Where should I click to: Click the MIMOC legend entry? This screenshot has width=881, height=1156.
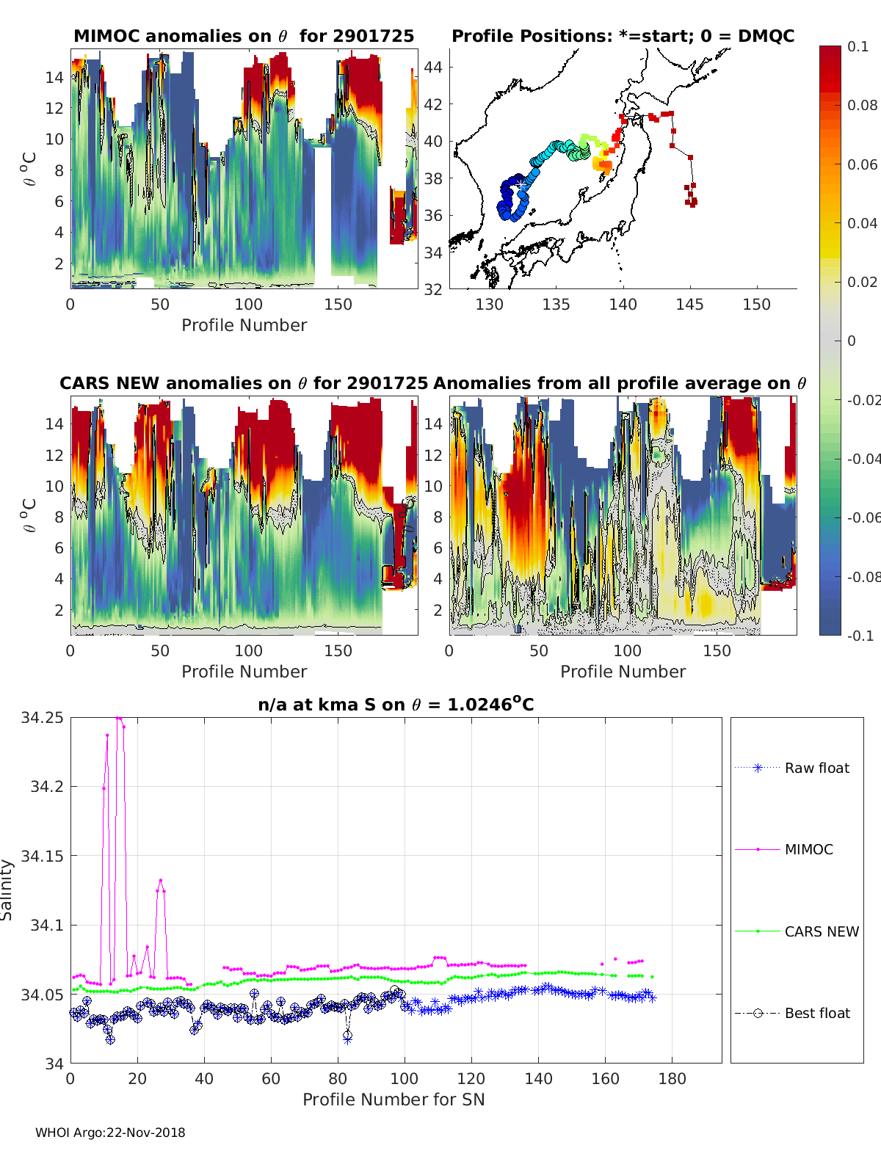click(x=808, y=849)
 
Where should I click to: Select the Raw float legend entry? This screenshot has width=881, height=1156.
click(x=816, y=768)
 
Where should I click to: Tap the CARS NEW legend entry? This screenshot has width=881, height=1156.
click(x=821, y=931)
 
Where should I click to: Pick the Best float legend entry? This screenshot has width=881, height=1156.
click(x=816, y=1013)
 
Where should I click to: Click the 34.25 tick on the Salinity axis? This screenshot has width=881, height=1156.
click(x=42, y=718)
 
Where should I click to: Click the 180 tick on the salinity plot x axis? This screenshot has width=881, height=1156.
click(x=672, y=1079)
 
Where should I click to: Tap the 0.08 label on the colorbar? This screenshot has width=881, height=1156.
click(x=862, y=105)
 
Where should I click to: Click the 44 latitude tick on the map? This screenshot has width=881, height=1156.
click(x=433, y=68)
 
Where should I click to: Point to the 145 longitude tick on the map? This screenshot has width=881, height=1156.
click(x=689, y=305)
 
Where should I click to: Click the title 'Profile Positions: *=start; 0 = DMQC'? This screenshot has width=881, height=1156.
click(x=623, y=36)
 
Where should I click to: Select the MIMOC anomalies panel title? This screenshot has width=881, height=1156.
click(x=244, y=36)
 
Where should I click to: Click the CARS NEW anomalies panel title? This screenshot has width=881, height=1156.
click(x=243, y=383)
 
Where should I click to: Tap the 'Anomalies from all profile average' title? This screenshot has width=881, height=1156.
click(x=620, y=383)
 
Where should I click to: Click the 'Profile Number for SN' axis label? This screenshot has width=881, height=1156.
click(x=394, y=1099)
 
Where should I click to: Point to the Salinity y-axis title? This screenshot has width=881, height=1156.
click(x=7, y=890)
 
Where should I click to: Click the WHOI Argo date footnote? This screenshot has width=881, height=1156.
click(x=110, y=1133)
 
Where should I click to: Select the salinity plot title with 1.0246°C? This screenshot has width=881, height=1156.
click(x=396, y=705)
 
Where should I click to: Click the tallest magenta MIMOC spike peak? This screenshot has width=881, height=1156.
click(x=118, y=718)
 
